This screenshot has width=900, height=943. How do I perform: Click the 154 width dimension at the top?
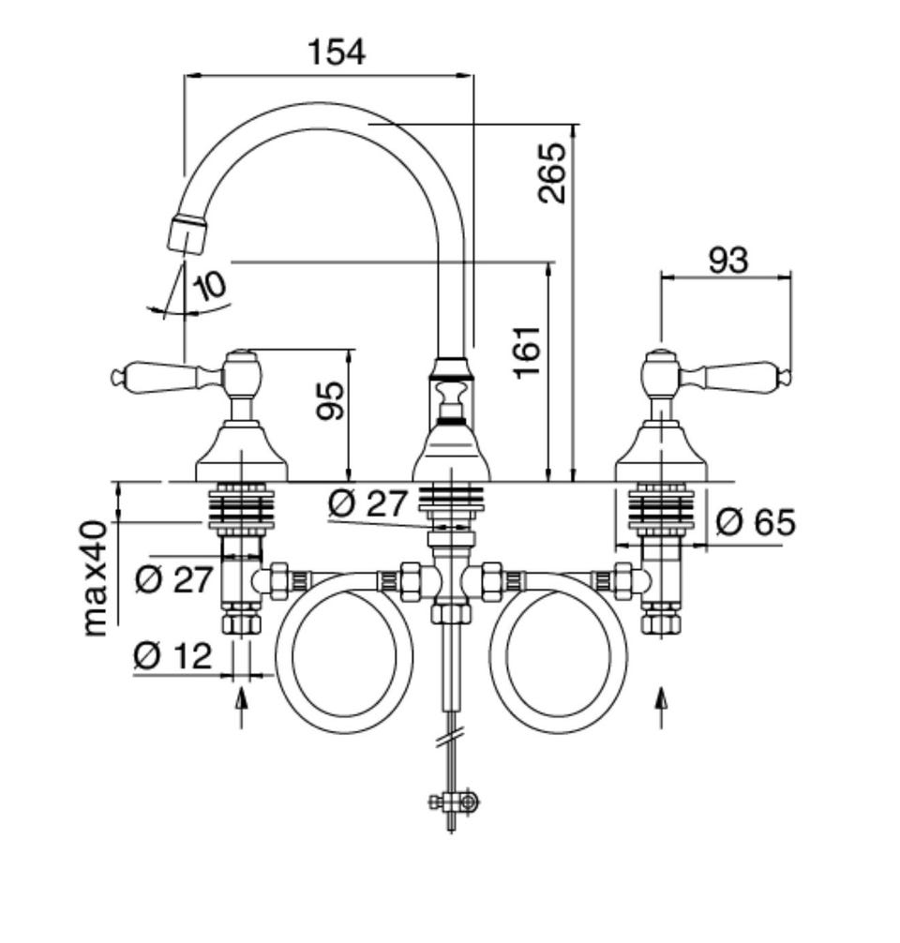point(337,52)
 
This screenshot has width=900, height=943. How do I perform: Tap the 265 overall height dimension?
point(552,172)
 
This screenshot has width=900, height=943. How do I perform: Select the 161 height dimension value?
point(528,352)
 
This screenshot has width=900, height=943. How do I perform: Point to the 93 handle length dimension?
point(727,261)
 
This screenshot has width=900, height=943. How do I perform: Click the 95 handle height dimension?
point(331,400)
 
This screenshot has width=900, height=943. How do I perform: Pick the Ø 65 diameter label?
point(757,522)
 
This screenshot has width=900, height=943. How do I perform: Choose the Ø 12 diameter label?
point(172,655)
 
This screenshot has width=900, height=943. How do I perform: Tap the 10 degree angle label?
point(209,286)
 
